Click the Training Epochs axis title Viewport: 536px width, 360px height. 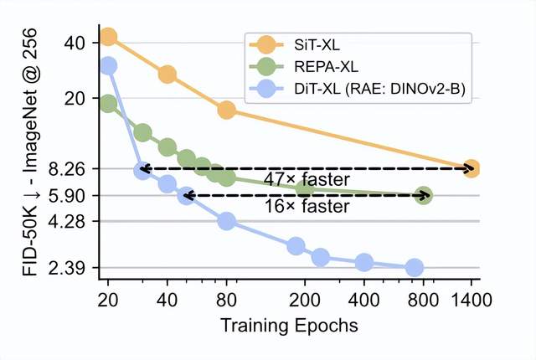coord(290,325)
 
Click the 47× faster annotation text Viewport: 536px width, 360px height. coord(307,180)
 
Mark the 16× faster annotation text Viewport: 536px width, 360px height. coord(307,207)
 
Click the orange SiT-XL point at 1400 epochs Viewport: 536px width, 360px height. coord(471,169)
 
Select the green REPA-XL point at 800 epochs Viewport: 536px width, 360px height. coord(424,195)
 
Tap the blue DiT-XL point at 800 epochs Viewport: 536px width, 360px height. coord(414,268)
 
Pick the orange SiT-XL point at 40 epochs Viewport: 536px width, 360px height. coord(167,75)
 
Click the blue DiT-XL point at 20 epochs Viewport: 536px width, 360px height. coord(108,66)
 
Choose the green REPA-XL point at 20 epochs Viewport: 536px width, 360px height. coord(108,104)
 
